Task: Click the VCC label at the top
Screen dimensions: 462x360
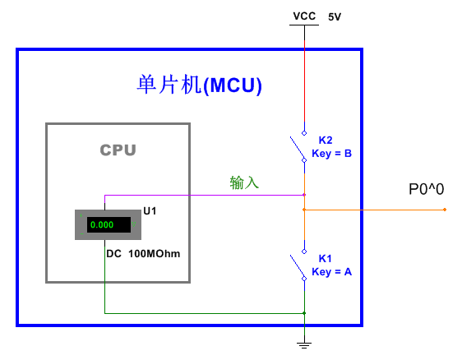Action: pyautogui.click(x=304, y=16)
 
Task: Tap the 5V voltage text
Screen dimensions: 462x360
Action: pyautogui.click(x=335, y=16)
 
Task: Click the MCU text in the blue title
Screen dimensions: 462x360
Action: pyautogui.click(x=233, y=85)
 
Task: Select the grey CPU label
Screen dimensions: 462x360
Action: pyautogui.click(x=118, y=150)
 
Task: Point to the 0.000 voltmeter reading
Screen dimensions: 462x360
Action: pyautogui.click(x=102, y=224)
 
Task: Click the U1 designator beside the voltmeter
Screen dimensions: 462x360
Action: pyautogui.click(x=150, y=211)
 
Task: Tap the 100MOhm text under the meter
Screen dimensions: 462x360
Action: pyautogui.click(x=154, y=254)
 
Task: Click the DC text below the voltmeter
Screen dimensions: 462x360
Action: pyautogui.click(x=113, y=254)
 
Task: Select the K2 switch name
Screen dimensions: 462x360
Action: pyautogui.click(x=326, y=141)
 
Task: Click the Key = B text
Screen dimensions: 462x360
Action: pyautogui.click(x=332, y=154)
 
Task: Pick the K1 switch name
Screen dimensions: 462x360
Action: pyautogui.click(x=326, y=259)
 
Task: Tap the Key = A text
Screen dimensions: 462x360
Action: pyautogui.click(x=332, y=271)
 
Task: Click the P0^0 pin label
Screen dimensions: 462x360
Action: pyautogui.click(x=427, y=189)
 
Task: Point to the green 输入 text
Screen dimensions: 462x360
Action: pyautogui.click(x=244, y=182)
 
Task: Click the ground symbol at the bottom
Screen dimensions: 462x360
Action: pyautogui.click(x=304, y=345)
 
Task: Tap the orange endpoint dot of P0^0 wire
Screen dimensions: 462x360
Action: pyautogui.click(x=445, y=210)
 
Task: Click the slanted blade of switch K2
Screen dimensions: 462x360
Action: pyautogui.click(x=297, y=149)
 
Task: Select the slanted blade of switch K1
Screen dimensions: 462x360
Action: pyautogui.click(x=297, y=267)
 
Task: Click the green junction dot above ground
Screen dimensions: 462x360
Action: pyautogui.click(x=304, y=313)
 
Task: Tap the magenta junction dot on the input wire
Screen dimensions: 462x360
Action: pyautogui.click(x=304, y=195)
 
